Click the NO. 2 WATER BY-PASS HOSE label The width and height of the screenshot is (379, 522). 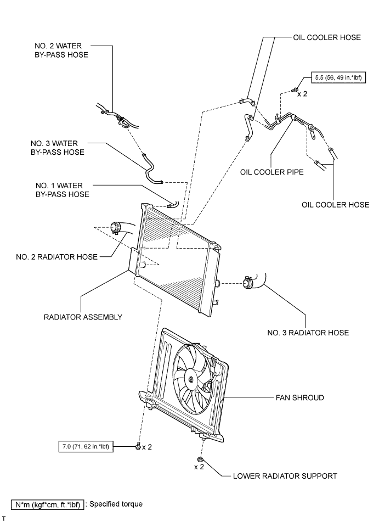coord(61,50)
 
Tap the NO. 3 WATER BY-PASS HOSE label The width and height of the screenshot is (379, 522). coord(57,148)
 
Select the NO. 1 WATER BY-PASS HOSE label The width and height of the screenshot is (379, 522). coord(62,190)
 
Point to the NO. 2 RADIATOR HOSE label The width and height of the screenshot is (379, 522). coord(57,257)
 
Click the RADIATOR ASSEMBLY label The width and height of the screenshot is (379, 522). coord(83,317)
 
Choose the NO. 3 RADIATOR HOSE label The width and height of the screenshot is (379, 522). coord(308,333)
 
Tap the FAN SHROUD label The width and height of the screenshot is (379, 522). coord(300,397)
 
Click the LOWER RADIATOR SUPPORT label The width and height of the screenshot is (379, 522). coord(285,476)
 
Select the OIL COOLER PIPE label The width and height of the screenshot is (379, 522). coord(272,172)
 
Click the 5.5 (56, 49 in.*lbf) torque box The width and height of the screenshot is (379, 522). coord(338,78)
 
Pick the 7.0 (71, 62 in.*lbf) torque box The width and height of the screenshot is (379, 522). coord(86,446)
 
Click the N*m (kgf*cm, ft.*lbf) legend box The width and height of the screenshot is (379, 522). coord(48,504)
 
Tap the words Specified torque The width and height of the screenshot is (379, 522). coord(116,504)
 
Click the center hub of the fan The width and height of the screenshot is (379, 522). coord(190,379)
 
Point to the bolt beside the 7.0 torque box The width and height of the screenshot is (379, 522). coord(138,446)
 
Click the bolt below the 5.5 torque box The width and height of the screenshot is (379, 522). coord(294,89)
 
